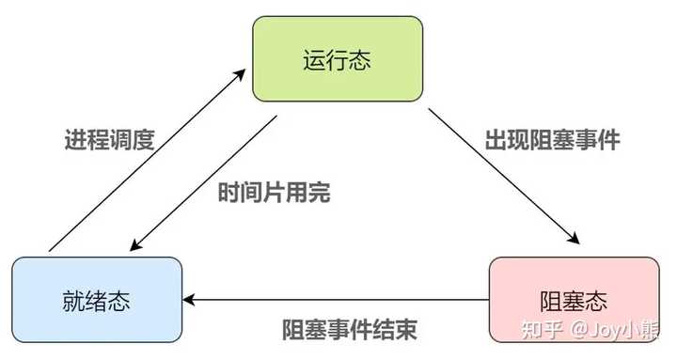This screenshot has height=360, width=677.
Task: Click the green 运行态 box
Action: click(x=338, y=59)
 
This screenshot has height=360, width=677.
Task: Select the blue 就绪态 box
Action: click(x=97, y=300)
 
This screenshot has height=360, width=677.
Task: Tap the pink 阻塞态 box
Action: click(x=575, y=300)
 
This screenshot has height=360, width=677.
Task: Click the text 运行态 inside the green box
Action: click(x=338, y=59)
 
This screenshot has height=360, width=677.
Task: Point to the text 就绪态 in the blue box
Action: click(x=96, y=301)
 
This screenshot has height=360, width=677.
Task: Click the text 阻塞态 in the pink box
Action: click(x=574, y=301)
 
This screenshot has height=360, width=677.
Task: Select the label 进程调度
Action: click(x=110, y=139)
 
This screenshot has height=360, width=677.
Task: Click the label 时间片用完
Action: click(x=275, y=193)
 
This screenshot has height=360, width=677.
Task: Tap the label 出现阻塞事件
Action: click(x=552, y=139)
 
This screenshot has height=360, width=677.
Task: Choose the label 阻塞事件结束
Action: click(x=350, y=330)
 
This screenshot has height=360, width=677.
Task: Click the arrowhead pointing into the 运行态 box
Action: click(x=240, y=74)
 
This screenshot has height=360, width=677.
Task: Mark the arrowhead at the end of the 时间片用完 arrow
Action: click(x=136, y=244)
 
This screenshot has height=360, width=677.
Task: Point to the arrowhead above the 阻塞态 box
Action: click(x=574, y=238)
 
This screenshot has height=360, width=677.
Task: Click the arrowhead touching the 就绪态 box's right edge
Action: click(x=189, y=300)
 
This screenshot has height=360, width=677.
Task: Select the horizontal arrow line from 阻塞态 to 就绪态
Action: click(x=336, y=300)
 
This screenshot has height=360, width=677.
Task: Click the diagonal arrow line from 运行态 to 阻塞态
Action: click(x=504, y=177)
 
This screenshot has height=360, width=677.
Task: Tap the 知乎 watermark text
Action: click(x=543, y=330)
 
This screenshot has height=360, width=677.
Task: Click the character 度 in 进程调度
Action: click(x=143, y=139)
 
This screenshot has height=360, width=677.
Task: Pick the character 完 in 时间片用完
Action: click(x=320, y=193)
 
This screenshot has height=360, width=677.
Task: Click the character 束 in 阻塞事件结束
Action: click(x=406, y=330)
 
